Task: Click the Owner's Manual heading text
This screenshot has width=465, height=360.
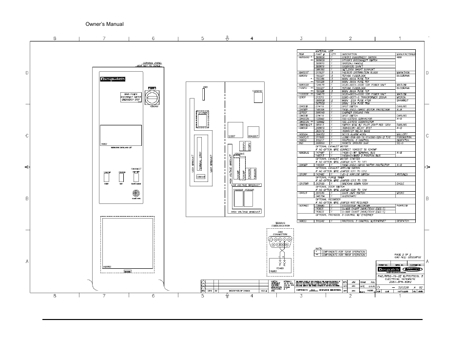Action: [104, 24]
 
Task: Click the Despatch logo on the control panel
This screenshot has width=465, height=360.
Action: [110, 80]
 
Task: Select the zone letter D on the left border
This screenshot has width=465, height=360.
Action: [27, 73]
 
